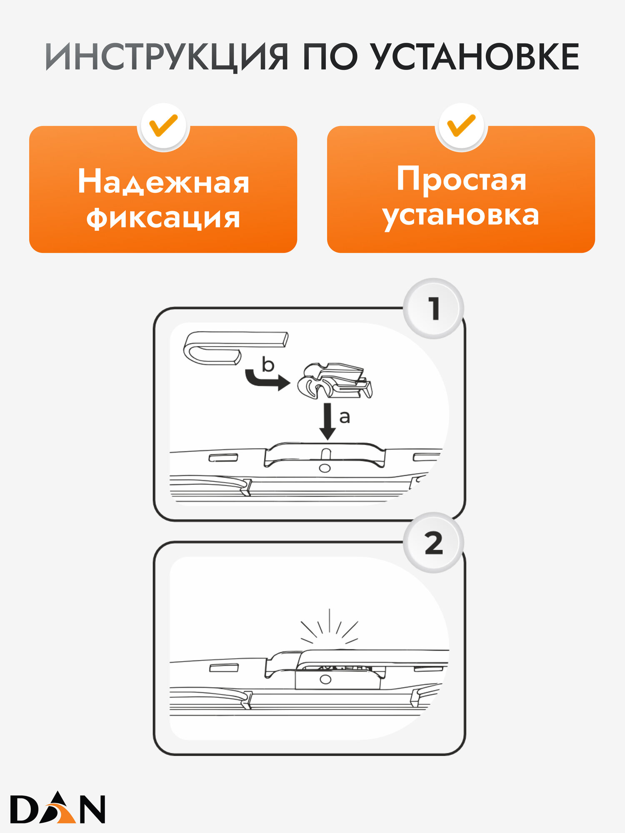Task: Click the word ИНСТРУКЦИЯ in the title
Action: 167,57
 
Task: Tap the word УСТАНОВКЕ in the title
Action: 475,57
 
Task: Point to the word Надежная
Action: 163,182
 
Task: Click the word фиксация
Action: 163,218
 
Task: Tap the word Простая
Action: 461,179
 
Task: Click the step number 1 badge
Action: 434,309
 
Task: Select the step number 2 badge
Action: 434,543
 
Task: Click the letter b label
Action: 268,365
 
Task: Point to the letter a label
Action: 345,416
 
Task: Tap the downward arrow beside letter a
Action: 328,421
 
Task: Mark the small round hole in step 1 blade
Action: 325,468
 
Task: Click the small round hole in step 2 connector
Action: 325,680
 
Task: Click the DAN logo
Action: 57,809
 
